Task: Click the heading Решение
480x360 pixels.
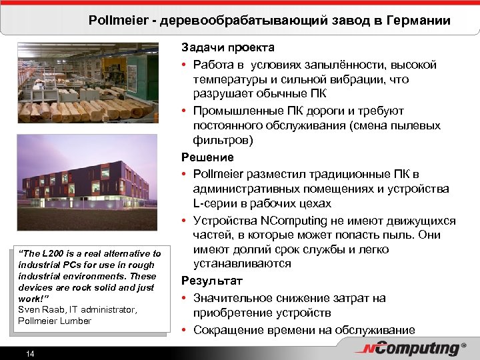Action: coord(207,157)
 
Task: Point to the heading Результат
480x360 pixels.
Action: coord(209,281)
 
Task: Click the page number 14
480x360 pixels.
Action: coord(30,353)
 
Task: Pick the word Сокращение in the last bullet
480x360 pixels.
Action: coord(227,329)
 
